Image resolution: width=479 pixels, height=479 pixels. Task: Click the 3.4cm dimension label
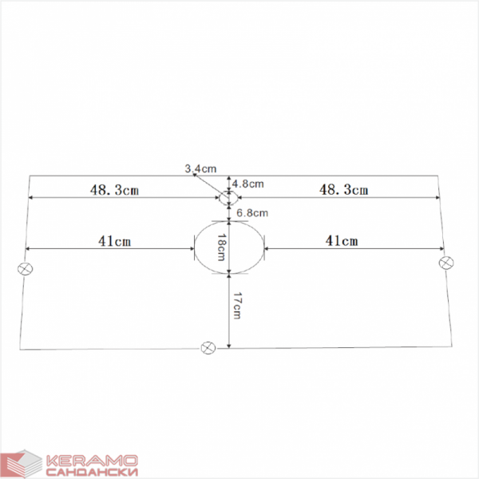click(x=200, y=168)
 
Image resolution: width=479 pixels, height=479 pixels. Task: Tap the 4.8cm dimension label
click(x=247, y=184)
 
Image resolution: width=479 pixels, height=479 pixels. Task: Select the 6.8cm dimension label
click(x=252, y=212)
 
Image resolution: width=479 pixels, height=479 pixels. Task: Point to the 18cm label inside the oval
click(x=221, y=247)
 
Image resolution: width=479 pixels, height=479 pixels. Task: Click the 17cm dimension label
click(x=237, y=306)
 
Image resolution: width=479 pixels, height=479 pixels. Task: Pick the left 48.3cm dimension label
click(x=114, y=190)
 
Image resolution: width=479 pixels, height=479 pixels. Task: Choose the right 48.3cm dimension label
click(x=343, y=190)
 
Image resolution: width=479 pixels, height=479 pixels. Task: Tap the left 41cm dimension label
click(x=114, y=241)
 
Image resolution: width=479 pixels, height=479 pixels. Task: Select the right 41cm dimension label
click(x=342, y=241)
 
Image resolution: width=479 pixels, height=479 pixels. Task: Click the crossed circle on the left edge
click(x=25, y=269)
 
